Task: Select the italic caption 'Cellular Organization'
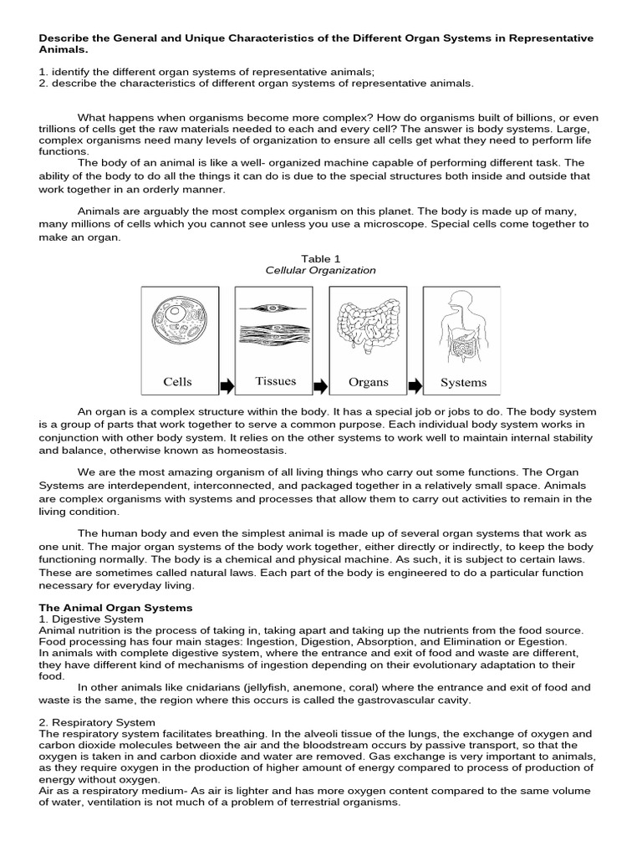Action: point(321,271)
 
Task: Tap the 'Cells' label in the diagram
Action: point(178,382)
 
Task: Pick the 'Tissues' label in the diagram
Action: point(276,381)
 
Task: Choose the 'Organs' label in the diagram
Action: point(369,382)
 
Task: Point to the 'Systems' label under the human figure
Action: point(463,383)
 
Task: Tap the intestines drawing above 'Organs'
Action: point(368,327)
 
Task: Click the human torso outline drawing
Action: point(462,327)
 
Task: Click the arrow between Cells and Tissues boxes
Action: point(227,385)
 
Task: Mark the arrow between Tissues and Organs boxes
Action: point(322,385)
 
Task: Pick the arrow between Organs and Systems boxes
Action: point(415,385)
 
